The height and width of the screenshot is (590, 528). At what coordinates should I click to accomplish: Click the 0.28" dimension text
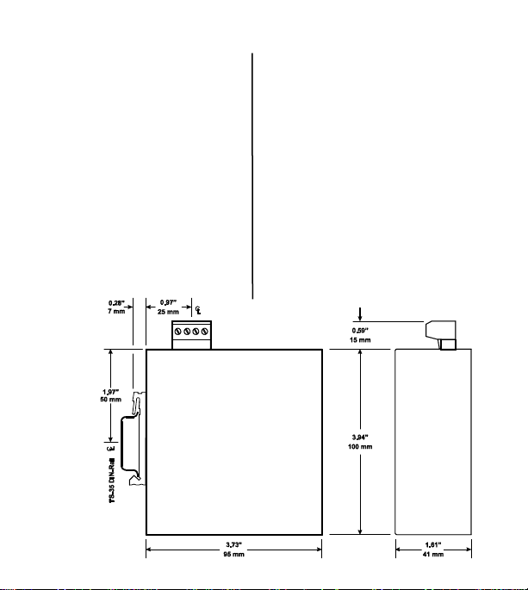pyautogui.click(x=116, y=302)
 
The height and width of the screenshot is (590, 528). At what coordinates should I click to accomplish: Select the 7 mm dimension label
pyautogui.click(x=116, y=311)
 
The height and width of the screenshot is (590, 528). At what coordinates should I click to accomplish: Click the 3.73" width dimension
pyautogui.click(x=233, y=545)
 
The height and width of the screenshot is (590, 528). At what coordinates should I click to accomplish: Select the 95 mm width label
pyautogui.click(x=233, y=555)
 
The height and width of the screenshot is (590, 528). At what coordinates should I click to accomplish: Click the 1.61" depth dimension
pyautogui.click(x=432, y=545)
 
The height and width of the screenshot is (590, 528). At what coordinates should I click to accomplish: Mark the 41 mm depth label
pyautogui.click(x=432, y=555)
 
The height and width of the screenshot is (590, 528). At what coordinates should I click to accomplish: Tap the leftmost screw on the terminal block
pyautogui.click(x=178, y=331)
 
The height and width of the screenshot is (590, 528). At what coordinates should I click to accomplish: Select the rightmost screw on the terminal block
pyautogui.click(x=205, y=331)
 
